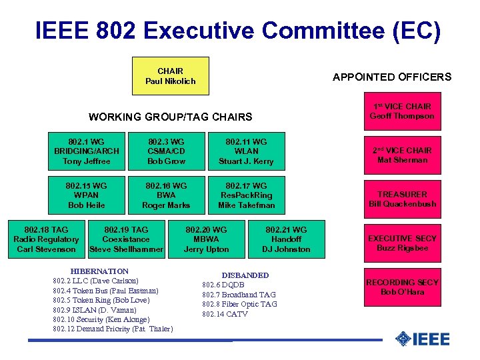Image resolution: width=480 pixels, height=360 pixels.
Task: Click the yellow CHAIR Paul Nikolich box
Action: point(171,76)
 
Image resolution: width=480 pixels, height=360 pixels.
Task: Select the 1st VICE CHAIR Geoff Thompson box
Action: point(401,111)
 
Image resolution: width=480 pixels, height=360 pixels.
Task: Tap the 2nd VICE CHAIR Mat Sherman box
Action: point(401,155)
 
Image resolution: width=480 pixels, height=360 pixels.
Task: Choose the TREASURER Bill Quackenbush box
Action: point(401,199)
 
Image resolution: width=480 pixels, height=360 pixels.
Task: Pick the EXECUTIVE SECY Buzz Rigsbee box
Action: point(401,243)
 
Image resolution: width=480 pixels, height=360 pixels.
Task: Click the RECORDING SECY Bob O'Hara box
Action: point(401,287)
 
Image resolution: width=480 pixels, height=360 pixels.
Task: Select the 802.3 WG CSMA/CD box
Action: point(166,151)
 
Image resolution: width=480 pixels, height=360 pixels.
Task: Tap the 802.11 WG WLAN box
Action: point(246,151)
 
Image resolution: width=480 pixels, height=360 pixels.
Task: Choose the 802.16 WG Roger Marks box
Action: point(166,195)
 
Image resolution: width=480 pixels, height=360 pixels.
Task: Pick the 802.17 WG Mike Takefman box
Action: point(246,195)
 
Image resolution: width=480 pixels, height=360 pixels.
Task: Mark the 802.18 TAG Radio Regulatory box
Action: point(46,239)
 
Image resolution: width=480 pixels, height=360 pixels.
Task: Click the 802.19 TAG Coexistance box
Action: point(126,239)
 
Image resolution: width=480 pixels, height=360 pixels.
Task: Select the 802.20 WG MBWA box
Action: point(206,239)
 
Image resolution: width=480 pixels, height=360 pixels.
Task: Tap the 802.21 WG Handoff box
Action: point(286,239)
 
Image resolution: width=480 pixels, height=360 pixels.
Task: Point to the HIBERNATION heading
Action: point(99,271)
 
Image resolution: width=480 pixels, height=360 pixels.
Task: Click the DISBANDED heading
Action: point(245,275)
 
